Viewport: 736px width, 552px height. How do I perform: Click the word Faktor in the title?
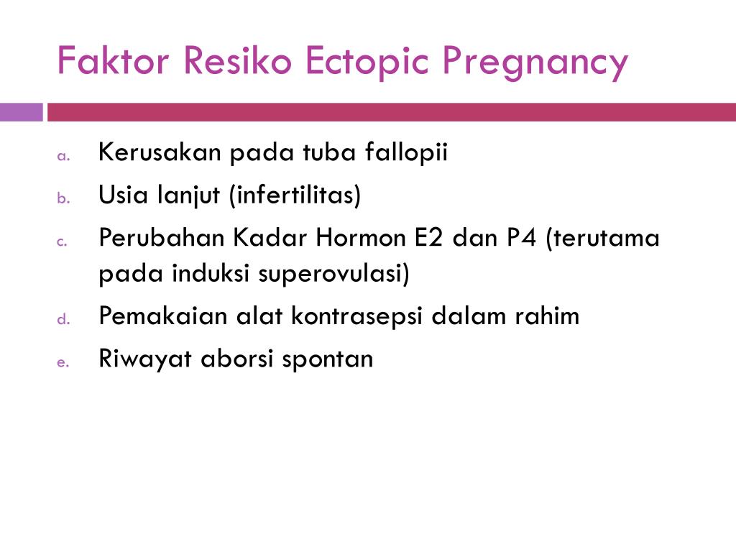coord(113,60)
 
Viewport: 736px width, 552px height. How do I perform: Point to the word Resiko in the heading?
coord(237,60)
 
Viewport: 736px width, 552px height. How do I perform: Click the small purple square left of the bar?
coord(21,112)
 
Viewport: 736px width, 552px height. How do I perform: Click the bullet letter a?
coord(63,156)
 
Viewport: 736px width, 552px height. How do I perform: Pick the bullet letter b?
coord(63,198)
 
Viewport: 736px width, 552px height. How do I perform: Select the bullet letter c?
coord(62,241)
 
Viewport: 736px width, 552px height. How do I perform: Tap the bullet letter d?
coord(63,319)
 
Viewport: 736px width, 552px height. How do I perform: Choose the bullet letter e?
coord(63,362)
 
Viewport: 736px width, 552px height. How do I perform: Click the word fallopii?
coord(406,152)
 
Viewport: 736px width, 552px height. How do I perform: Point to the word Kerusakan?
coord(160,152)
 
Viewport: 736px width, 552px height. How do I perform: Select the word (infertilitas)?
coord(295,195)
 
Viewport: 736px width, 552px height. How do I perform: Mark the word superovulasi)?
coord(333,274)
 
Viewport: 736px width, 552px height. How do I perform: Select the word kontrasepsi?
coord(356,316)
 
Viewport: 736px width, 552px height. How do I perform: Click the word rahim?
coord(547,315)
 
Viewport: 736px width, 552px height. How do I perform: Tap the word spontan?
coord(327,360)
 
